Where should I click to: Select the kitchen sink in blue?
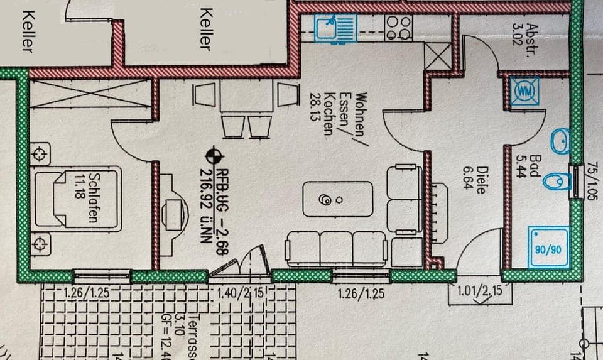329,28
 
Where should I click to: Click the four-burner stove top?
399,27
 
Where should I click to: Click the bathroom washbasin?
561,142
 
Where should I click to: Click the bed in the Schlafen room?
77,198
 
